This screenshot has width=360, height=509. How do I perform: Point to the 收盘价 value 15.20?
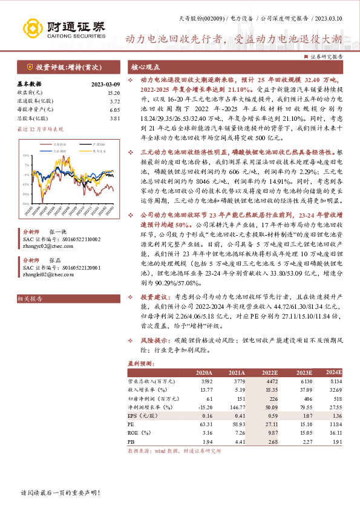click(114, 92)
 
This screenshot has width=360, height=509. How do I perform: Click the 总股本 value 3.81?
click(115, 118)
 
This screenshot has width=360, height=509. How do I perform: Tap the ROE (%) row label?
click(141, 433)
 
